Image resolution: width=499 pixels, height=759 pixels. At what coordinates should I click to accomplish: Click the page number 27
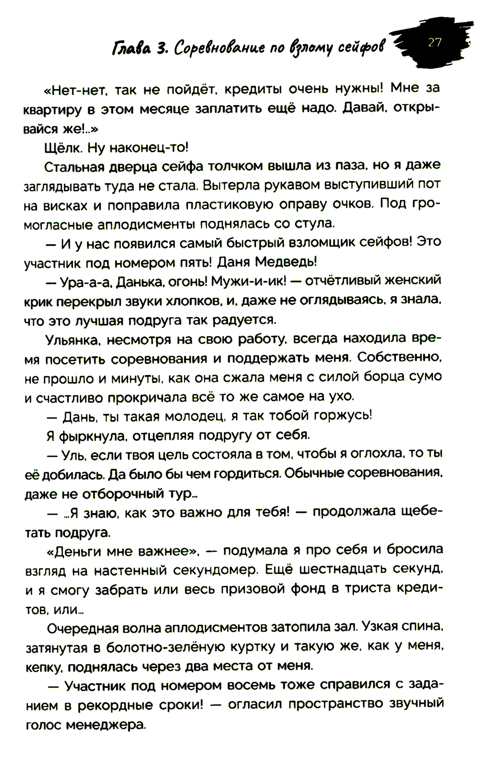[x=435, y=42]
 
